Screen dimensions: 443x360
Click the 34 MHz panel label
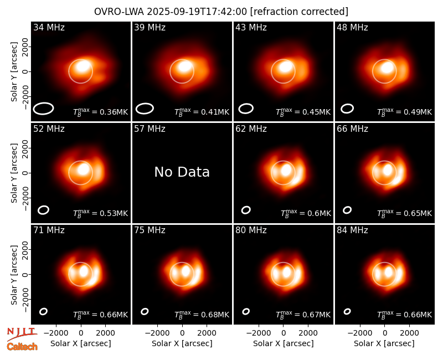49,27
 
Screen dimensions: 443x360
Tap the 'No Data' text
182,172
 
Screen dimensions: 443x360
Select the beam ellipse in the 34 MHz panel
43,109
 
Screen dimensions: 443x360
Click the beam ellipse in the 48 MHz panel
347,109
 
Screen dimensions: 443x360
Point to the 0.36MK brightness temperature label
101,112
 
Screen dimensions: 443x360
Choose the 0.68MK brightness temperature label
202,314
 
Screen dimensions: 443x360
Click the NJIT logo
22,333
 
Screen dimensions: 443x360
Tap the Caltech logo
22,347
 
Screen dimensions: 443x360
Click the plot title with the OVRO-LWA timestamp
221,12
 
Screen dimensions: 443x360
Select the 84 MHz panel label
352,230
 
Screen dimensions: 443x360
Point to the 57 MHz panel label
150,129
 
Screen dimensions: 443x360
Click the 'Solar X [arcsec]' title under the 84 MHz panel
384,343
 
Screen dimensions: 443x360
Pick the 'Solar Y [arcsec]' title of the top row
14,72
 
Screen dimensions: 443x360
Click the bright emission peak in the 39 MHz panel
184,66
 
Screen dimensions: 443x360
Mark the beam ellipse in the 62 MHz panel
246,210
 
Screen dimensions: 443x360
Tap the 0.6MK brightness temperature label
306,213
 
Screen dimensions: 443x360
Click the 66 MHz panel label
352,129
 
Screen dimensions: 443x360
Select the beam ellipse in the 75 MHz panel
145,311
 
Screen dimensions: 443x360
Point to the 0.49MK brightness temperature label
405,112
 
